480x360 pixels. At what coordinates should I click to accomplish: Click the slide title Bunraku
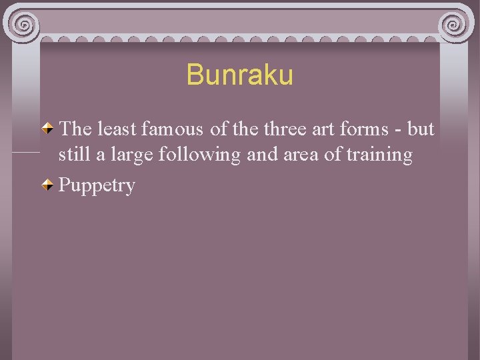click(239, 75)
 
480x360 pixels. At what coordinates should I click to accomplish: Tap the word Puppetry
click(97, 185)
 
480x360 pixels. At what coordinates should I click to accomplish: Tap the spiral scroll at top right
click(455, 25)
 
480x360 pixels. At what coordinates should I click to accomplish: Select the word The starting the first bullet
click(74, 129)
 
